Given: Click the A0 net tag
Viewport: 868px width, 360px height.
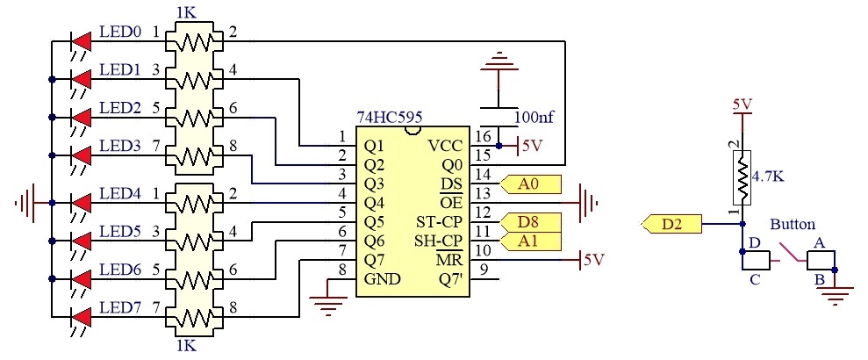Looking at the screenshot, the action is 530,184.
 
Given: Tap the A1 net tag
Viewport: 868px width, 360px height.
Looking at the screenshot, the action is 530,241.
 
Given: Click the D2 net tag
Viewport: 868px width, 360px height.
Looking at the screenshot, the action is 671,225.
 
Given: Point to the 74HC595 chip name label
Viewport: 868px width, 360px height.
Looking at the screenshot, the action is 391,117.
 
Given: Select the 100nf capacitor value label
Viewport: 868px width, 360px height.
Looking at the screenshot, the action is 534,118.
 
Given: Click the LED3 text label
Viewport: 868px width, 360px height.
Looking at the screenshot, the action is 119,146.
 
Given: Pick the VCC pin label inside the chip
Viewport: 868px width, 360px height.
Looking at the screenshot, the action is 446,146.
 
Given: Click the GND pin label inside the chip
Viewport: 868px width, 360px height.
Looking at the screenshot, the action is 382,278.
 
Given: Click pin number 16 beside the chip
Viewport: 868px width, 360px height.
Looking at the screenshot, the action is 484,136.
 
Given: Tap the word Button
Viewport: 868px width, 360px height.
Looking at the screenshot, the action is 793,224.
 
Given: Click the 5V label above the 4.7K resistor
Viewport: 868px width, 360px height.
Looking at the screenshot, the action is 742,104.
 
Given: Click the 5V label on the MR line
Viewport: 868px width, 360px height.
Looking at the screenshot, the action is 594,260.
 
